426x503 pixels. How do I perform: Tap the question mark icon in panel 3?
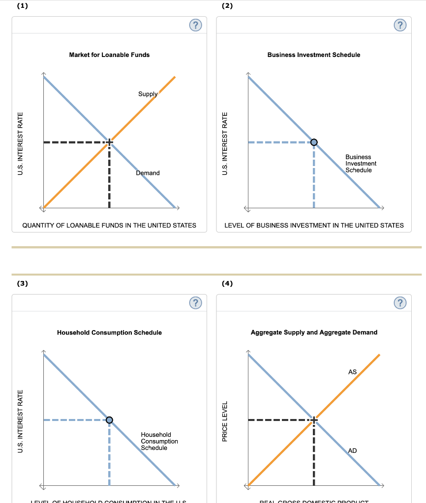(195, 303)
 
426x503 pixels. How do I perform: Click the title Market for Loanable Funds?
(109, 55)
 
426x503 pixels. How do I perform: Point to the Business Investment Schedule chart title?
(314, 55)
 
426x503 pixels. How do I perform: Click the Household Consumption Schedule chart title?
(109, 333)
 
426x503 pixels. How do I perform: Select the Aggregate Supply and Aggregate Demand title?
(314, 333)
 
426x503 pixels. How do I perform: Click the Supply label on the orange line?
(148, 94)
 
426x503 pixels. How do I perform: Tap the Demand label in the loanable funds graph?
(148, 173)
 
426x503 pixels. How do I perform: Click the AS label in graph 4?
(352, 372)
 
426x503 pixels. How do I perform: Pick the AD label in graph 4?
(352, 450)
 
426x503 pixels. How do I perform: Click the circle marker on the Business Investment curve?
(314, 142)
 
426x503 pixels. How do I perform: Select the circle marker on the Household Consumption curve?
(109, 419)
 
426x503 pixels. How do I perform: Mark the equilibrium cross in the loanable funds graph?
(109, 142)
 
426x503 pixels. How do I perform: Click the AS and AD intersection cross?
(314, 419)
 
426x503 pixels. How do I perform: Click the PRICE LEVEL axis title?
(226, 421)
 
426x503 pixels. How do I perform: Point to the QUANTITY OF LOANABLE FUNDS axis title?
(109, 225)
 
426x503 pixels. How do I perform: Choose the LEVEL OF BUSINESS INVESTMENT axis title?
(314, 225)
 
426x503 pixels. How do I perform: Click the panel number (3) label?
(22, 283)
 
